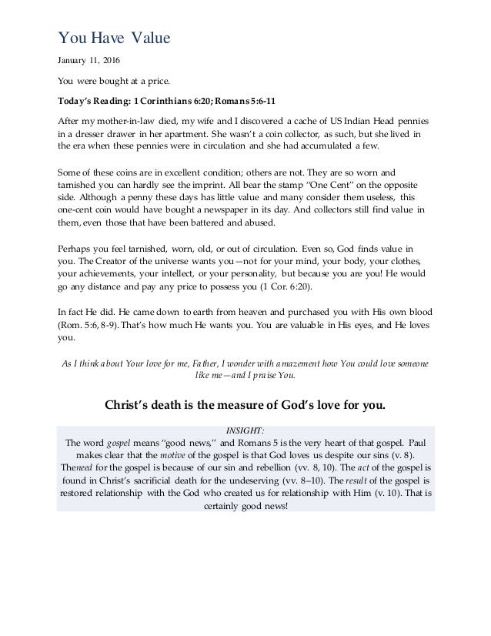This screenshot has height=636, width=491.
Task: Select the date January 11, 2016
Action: tap(86, 61)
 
